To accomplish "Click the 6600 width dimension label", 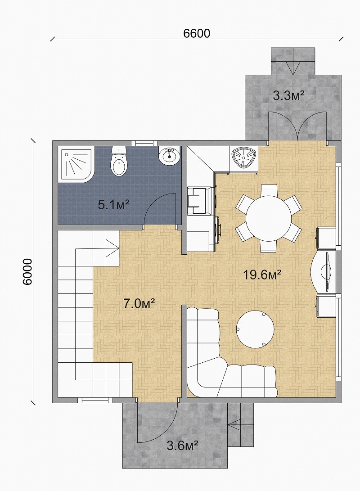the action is pos(197,33).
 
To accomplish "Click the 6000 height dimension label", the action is pos(27,271).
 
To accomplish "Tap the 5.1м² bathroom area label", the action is pos(114,205).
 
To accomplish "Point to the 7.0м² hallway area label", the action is pos(139,303).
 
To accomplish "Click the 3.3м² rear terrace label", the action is pos(288,95).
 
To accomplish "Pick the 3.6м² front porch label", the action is pos(183,445).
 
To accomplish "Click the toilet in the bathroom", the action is pos(119,161).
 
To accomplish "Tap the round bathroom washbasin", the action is pos(169,155).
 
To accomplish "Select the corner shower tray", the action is pos(76,163).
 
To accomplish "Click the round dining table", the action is pos(268,218).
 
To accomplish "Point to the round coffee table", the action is pos(255,329).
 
